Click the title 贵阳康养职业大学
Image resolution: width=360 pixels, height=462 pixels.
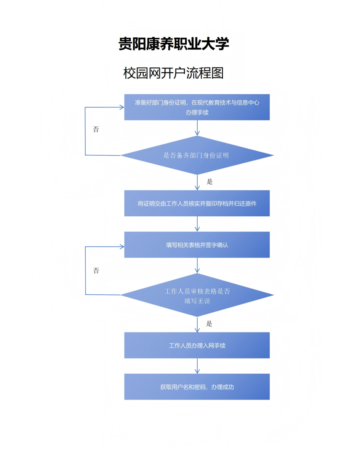174,44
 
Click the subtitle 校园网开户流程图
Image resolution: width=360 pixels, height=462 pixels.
173,72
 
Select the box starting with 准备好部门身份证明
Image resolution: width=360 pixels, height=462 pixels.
197,107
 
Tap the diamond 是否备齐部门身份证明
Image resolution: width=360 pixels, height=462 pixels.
197,155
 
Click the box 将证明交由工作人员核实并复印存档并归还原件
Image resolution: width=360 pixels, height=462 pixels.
197,203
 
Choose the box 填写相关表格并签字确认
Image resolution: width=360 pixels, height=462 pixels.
197,245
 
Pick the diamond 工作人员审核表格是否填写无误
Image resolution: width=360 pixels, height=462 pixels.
197,296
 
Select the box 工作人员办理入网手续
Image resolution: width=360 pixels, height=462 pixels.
197,345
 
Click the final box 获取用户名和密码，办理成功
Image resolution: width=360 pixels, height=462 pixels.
197,387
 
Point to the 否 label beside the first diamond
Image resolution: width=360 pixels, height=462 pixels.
96,129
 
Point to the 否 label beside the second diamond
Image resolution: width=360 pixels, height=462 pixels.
96,271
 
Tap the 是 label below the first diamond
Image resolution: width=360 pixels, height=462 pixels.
210,182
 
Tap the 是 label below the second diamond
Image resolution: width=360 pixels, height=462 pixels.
209,324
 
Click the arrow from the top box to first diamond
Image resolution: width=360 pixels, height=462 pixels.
197,128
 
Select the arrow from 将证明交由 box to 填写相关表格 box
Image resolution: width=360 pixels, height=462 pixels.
197,224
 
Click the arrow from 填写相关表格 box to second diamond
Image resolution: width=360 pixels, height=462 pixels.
197,265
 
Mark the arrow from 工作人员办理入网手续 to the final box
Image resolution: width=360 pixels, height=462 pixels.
197,366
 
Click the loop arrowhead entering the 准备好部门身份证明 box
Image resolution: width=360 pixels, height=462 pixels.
122,107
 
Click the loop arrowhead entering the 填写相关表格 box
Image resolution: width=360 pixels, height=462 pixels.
122,247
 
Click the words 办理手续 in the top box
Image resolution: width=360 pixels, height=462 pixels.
197,112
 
